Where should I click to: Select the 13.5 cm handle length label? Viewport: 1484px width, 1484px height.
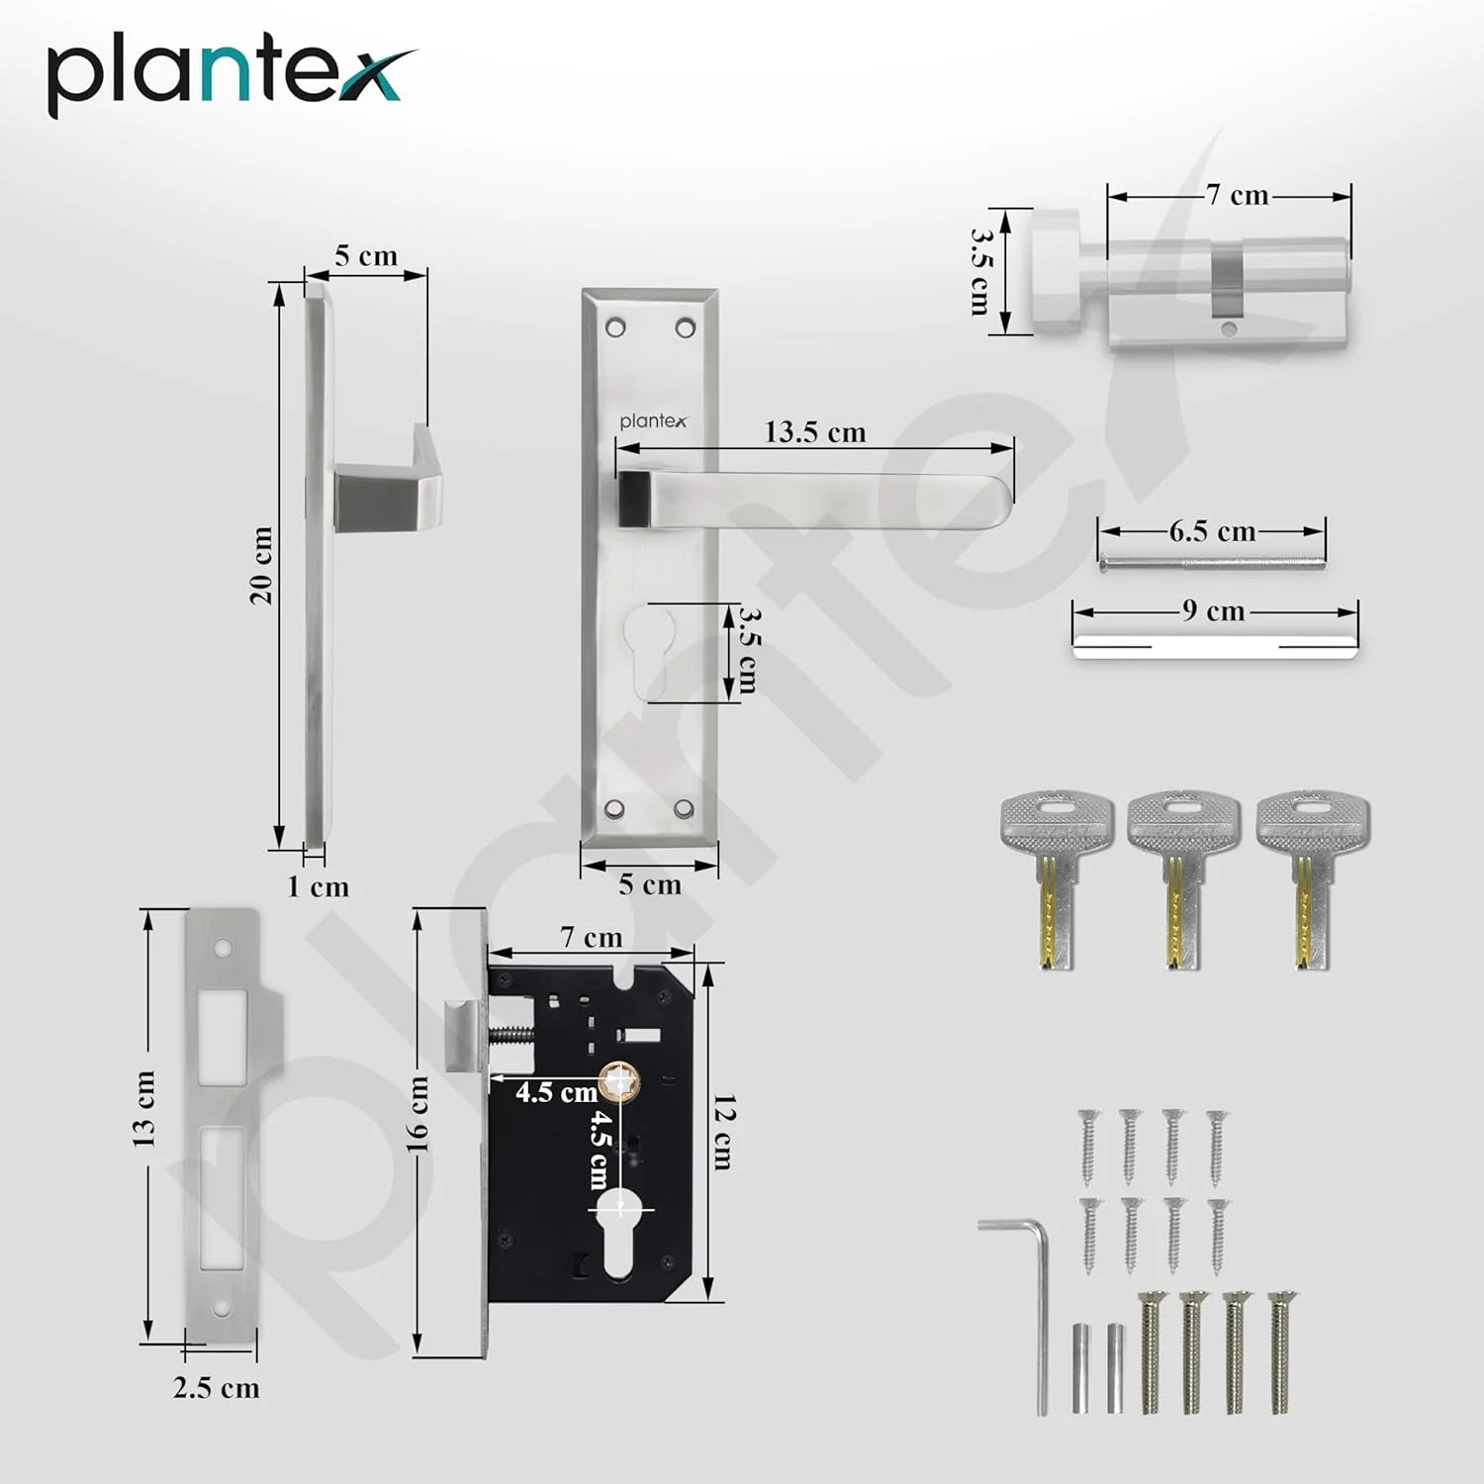point(814,432)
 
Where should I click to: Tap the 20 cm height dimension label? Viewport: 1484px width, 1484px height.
point(260,565)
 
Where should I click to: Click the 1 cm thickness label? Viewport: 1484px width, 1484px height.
point(318,886)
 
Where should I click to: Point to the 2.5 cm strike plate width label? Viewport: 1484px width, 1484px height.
point(216,1387)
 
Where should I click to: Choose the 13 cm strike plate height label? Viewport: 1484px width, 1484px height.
point(143,1108)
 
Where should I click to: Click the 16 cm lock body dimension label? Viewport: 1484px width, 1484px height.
point(417,1114)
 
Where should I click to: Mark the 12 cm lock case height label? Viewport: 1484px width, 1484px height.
point(724,1132)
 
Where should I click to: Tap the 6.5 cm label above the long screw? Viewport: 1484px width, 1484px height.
point(1212,531)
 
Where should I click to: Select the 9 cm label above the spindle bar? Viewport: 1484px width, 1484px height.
point(1213,610)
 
